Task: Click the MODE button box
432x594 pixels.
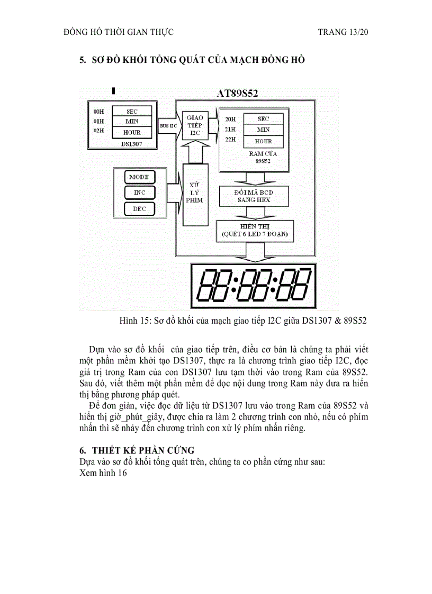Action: (140, 177)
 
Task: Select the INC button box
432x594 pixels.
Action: (140, 193)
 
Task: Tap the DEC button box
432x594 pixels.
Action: (140, 209)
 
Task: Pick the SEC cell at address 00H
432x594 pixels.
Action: (132, 112)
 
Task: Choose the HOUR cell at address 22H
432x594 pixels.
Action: (263, 141)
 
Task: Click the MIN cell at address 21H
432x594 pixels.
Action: (263, 130)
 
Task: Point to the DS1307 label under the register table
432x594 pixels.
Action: (131, 143)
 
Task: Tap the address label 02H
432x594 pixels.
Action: (98, 131)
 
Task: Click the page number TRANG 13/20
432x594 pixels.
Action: (343, 32)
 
